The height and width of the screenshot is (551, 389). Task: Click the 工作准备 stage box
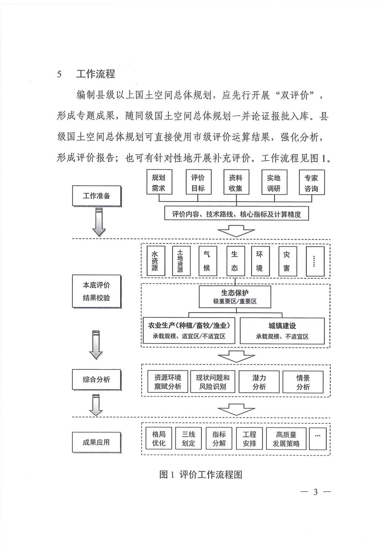click(96, 196)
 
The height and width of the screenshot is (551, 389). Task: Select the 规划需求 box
click(158, 183)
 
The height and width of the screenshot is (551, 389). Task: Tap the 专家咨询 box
click(311, 183)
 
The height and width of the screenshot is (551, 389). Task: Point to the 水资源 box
click(155, 261)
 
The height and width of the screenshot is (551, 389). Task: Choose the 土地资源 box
click(180, 261)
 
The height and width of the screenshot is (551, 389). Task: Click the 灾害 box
click(286, 261)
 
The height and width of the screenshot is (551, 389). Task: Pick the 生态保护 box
click(235, 297)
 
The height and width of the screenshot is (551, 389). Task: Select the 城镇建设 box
click(282, 331)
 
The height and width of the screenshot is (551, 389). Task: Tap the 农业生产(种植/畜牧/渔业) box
click(189, 331)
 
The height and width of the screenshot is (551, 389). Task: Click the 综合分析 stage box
click(96, 379)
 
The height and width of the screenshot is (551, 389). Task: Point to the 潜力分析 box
click(259, 382)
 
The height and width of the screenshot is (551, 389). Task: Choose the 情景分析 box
click(303, 382)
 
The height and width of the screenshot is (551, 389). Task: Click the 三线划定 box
click(188, 438)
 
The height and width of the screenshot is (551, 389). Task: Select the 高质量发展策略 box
click(286, 438)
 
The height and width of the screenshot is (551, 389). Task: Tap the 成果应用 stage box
click(96, 442)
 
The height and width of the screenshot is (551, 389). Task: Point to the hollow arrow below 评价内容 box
click(236, 230)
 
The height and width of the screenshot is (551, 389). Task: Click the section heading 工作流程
click(95, 74)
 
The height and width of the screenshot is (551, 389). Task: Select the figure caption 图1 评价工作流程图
click(201, 474)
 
